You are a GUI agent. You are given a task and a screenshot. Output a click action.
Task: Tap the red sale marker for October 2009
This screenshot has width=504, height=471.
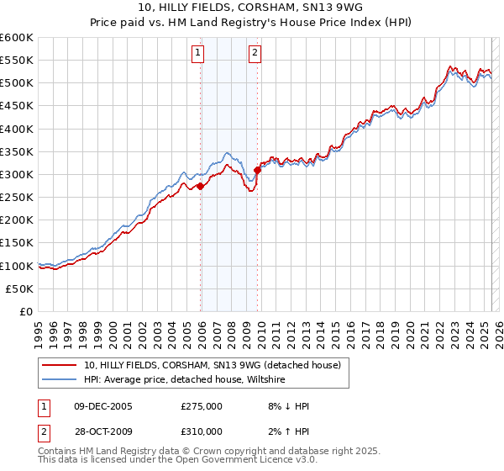257,171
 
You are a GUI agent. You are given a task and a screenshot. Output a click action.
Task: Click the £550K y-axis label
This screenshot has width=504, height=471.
17,61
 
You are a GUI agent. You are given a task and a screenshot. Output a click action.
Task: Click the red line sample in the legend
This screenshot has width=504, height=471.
59,365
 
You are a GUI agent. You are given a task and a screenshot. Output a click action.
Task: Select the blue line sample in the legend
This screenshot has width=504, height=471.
59,380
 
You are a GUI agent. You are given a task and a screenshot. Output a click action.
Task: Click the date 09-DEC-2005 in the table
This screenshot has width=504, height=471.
102,406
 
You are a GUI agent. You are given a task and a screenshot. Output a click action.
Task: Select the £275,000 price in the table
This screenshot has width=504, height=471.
202,406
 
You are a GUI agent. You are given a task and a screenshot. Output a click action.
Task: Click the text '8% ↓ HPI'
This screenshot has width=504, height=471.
286,406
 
